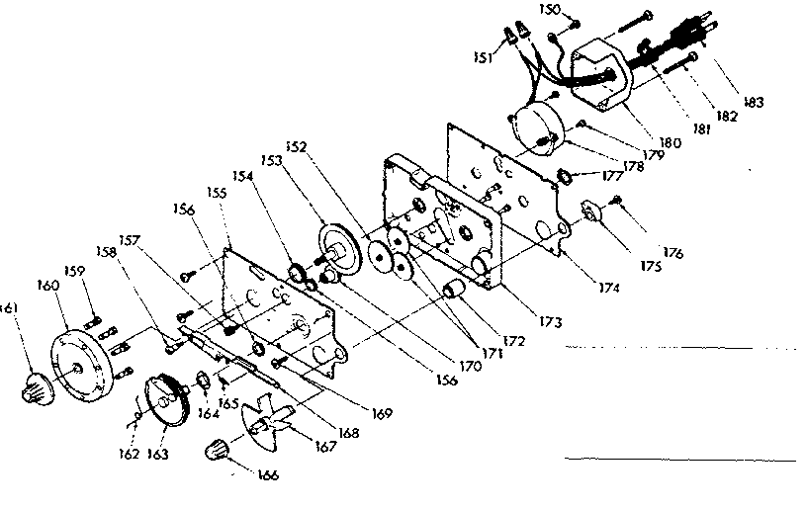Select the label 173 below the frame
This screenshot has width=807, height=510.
(551, 322)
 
